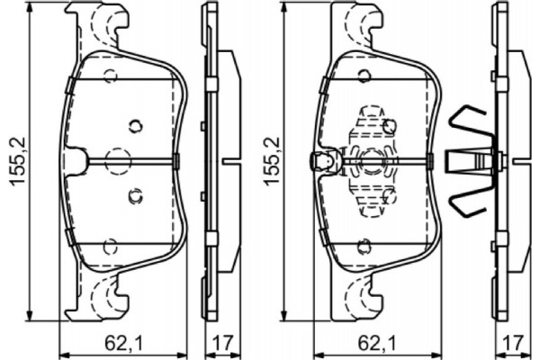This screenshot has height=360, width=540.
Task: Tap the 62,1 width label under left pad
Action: pos(119,341)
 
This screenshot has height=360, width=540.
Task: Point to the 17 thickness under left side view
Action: pos(220,341)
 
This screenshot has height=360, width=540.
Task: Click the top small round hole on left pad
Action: pos(110,76)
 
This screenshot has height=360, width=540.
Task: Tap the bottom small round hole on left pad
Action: pos(110,245)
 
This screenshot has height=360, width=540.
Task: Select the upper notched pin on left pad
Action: pos(135,125)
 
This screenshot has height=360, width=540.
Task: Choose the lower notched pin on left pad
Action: pos(135,193)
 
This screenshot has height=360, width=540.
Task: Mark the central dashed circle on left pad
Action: pos(118,160)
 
